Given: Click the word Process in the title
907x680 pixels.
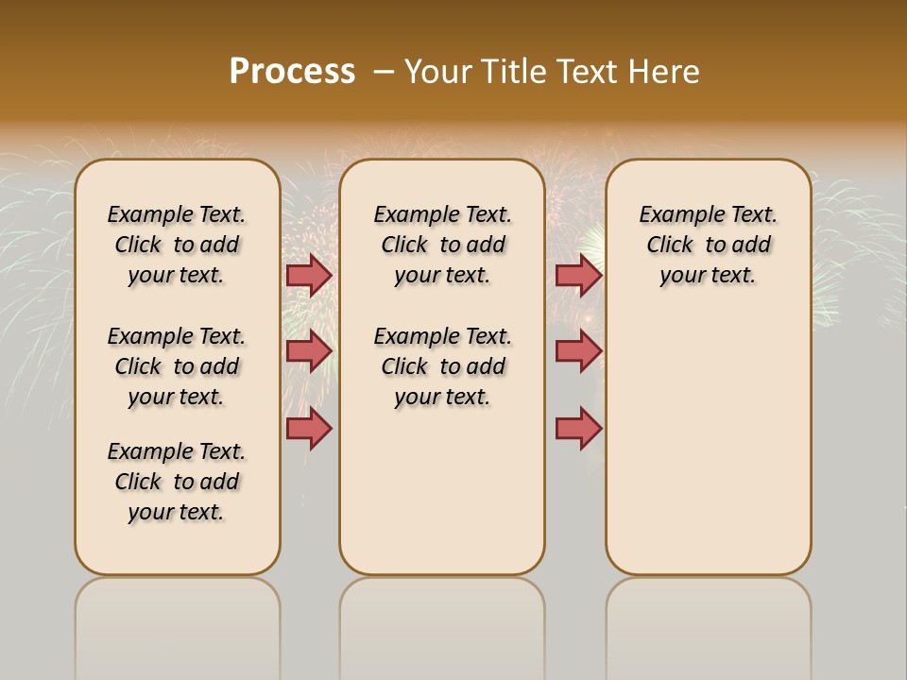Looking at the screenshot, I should [x=292, y=72].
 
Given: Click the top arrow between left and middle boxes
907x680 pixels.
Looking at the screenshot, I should [x=308, y=276].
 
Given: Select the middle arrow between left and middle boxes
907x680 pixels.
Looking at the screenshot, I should [x=308, y=351].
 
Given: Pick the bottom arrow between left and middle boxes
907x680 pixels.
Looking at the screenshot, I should [x=308, y=428].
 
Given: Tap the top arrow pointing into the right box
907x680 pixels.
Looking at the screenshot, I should [x=578, y=276].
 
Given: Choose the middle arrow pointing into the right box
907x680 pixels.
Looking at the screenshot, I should [x=578, y=351].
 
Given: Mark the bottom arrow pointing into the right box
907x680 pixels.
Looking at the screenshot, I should [x=578, y=428].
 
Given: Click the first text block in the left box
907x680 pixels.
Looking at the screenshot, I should [x=177, y=245].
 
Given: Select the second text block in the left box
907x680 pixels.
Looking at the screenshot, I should [x=177, y=366].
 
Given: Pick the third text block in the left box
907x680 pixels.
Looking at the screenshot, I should [x=177, y=482].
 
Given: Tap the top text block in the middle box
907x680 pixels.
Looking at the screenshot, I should [x=442, y=245].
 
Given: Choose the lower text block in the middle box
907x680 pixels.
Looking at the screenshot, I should [x=442, y=366].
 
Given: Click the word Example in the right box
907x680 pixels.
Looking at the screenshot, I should [x=675, y=215].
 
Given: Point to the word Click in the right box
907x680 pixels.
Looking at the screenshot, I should [x=670, y=246].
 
